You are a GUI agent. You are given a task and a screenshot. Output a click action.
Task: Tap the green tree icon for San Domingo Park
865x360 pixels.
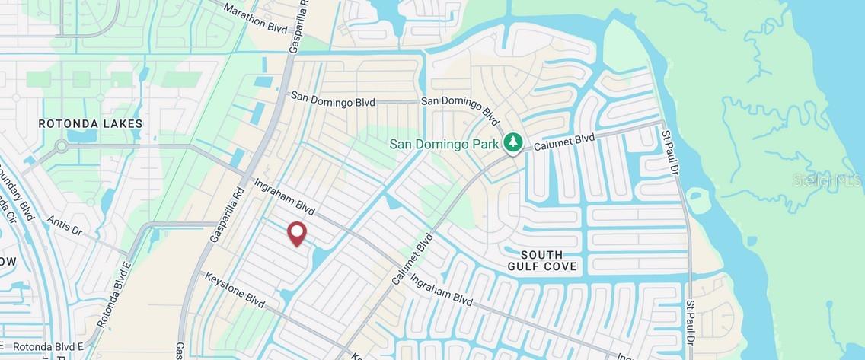pyautogui.click(x=513, y=142)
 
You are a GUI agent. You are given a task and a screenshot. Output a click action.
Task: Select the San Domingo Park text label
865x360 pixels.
pyautogui.click(x=445, y=143)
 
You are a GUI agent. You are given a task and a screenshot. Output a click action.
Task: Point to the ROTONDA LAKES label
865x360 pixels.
pyautogui.click(x=91, y=123)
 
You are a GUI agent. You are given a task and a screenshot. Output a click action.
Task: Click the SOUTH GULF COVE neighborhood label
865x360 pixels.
pyautogui.click(x=542, y=260)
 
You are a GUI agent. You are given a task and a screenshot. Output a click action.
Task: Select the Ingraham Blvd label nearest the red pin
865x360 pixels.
pyautogui.click(x=284, y=197)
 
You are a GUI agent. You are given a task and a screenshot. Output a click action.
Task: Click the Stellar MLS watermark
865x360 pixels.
pyautogui.click(x=827, y=180)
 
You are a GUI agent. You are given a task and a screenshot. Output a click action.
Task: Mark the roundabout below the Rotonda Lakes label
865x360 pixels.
pyautogui.click(x=61, y=146)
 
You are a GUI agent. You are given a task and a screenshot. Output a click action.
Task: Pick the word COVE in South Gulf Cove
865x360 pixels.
pyautogui.click(x=560, y=266)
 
